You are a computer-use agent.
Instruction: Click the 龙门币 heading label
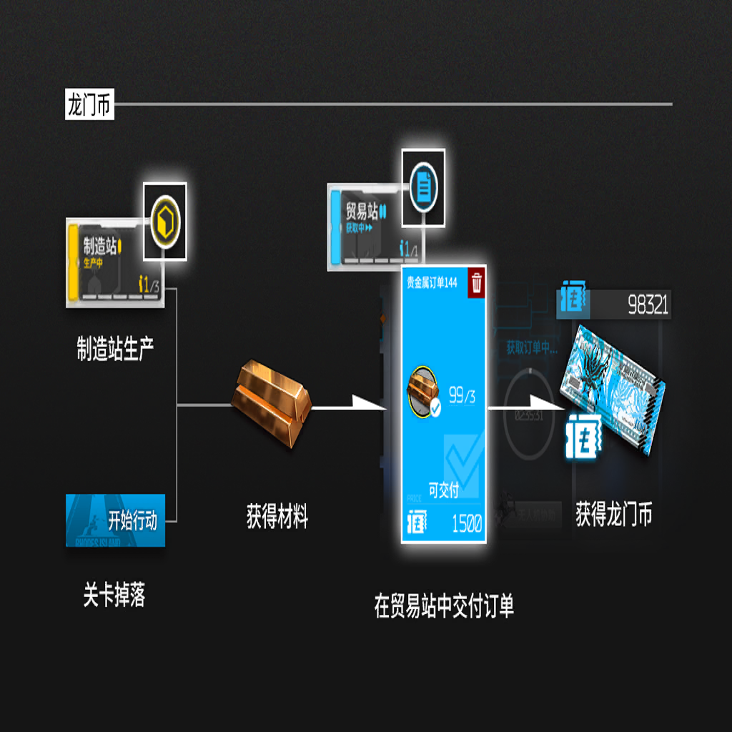[x=89, y=106]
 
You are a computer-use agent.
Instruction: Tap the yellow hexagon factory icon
[x=165, y=220]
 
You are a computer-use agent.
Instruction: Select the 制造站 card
[x=114, y=262]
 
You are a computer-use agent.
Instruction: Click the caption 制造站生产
[x=115, y=348]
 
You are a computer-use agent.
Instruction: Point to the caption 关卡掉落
[x=114, y=595]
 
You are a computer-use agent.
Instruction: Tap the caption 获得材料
[x=277, y=516]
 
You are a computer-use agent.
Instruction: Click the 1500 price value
[x=467, y=524]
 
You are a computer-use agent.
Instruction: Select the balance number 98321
[x=648, y=306]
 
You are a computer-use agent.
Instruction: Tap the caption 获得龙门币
[x=614, y=515]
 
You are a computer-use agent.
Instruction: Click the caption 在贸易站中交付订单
[x=444, y=607]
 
